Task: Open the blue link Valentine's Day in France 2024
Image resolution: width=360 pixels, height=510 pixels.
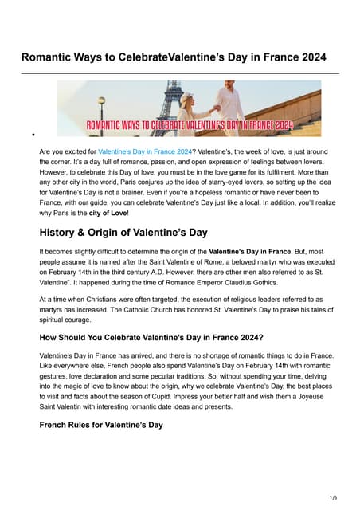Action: [x=144, y=151]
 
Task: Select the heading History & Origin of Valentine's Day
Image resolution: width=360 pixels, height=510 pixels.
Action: [x=123, y=233]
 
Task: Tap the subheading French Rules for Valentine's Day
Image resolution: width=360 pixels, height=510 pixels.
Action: [x=101, y=425]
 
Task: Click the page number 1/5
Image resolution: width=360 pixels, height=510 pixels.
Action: [x=333, y=497]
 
